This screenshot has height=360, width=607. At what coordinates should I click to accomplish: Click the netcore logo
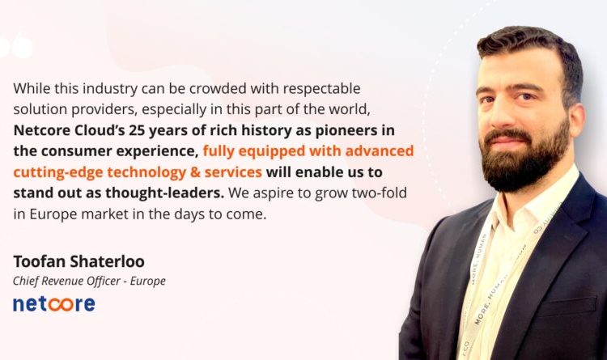53,304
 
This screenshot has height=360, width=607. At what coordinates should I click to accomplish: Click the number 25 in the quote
137,130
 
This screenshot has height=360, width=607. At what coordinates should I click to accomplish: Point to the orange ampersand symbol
195,172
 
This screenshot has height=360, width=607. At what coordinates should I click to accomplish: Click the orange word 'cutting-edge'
58,172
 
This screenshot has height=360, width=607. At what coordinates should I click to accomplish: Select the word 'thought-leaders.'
165,193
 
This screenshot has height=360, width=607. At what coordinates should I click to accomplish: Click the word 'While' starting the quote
32,89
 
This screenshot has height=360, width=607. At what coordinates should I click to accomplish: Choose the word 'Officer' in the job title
104,281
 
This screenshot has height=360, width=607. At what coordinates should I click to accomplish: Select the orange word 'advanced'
380,151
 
